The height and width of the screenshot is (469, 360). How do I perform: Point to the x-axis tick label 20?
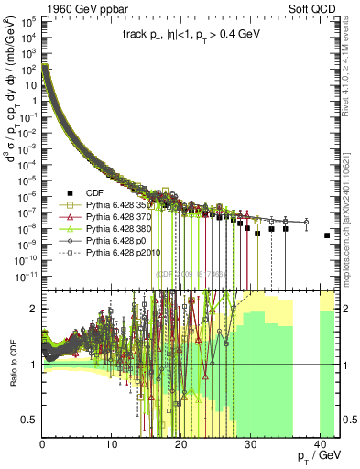pos(180,443)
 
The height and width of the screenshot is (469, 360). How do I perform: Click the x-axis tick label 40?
pos(318,443)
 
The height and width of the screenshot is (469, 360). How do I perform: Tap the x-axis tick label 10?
pos(111,443)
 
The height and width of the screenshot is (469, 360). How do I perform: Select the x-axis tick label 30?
pos(249,443)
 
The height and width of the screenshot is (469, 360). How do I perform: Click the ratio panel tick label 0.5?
pos(30,420)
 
